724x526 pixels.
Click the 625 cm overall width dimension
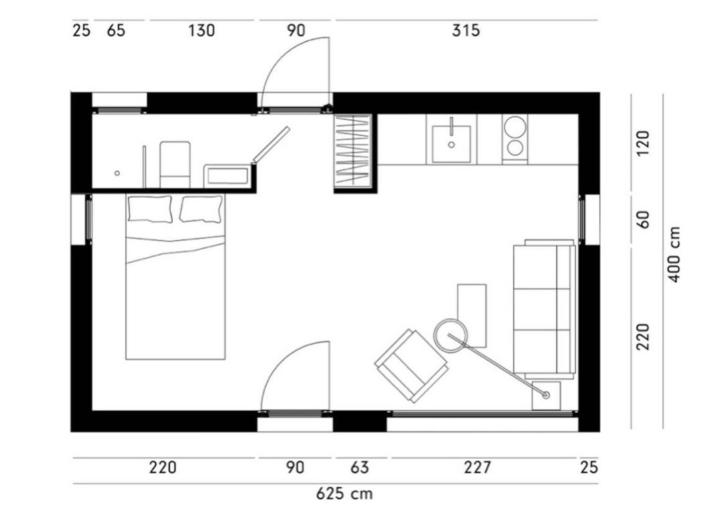[344, 494]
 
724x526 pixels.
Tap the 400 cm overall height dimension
[674, 254]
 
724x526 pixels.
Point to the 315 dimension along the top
[466, 30]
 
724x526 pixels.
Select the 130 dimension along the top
[201, 30]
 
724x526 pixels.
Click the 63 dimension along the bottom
[360, 468]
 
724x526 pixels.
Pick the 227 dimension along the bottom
[477, 468]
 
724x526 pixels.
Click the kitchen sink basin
[451, 144]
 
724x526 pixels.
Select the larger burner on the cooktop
[515, 127]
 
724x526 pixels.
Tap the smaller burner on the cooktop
[514, 147]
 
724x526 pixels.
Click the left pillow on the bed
[150, 208]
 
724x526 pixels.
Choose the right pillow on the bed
[201, 209]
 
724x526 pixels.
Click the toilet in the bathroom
[175, 165]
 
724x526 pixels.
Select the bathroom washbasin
[228, 176]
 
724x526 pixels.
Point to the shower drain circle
[117, 173]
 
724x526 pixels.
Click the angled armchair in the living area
[412, 365]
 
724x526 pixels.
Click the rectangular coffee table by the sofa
[471, 316]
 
